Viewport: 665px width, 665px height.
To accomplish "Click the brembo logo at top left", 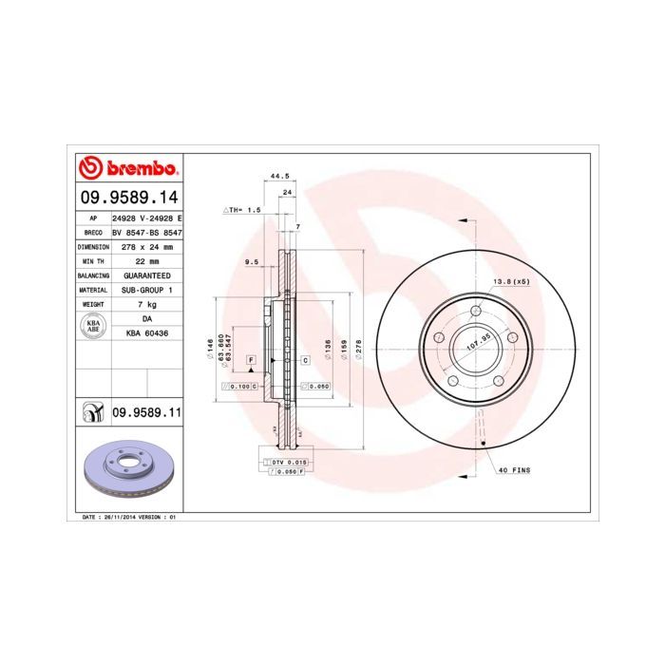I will click(x=127, y=169).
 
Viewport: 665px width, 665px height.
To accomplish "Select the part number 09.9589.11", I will click(x=146, y=411).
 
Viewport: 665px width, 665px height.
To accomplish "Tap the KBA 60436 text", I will click(x=147, y=333).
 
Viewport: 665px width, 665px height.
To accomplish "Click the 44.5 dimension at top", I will click(x=278, y=177).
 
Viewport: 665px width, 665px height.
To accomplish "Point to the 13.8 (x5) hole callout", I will click(x=509, y=282).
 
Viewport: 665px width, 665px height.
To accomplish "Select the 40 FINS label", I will click(x=513, y=470).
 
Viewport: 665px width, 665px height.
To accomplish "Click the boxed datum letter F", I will click(x=252, y=361).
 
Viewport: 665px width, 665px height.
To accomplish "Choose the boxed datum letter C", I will click(x=306, y=361).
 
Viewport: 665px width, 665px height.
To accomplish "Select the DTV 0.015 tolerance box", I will click(x=286, y=461).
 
